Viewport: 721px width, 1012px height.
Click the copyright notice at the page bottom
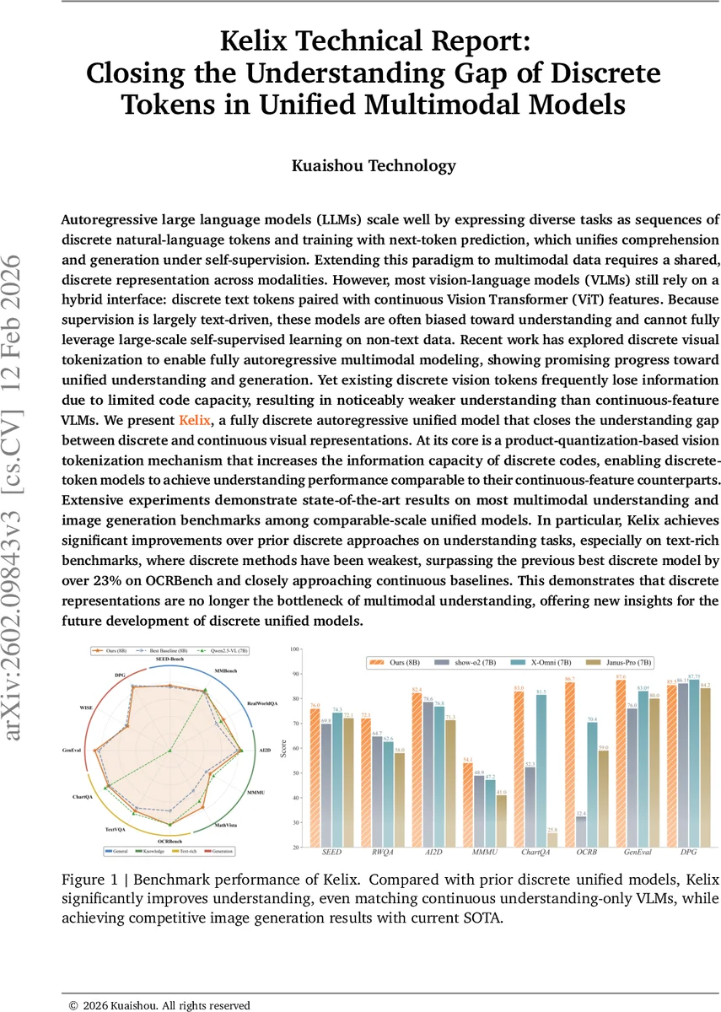(x=159, y=1004)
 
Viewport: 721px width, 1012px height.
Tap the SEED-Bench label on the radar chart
(x=170, y=658)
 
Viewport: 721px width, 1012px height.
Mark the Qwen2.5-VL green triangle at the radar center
(x=170, y=750)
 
